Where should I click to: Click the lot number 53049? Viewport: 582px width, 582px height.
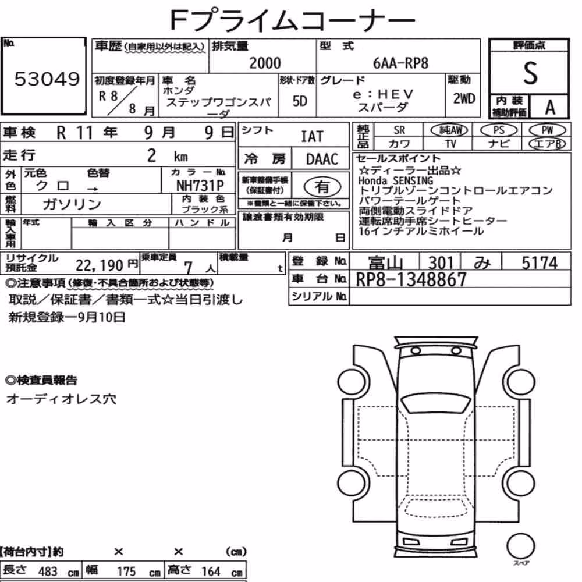pyautogui.click(x=47, y=79)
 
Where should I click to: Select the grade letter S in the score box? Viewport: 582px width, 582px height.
pyautogui.click(x=530, y=73)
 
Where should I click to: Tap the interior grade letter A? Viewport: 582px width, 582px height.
pyautogui.click(x=550, y=108)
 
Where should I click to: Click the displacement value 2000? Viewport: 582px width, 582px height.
pyautogui.click(x=265, y=63)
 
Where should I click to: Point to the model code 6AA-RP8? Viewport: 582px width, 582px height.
pyautogui.click(x=400, y=63)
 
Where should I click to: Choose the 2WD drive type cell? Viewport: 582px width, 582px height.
pyautogui.click(x=464, y=99)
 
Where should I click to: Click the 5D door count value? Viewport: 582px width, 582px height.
pyautogui.click(x=300, y=101)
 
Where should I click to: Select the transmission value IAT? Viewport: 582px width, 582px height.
pyautogui.click(x=312, y=137)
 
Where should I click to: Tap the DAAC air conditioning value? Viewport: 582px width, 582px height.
pyautogui.click(x=322, y=159)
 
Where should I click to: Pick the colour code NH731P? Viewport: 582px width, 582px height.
pyautogui.click(x=200, y=186)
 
